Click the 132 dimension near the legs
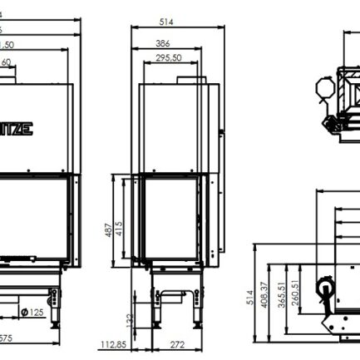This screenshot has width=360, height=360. click(x=130, y=319)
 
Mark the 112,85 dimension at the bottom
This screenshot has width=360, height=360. click(x=111, y=344)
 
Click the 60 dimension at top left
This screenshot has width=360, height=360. click(x=6, y=62)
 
